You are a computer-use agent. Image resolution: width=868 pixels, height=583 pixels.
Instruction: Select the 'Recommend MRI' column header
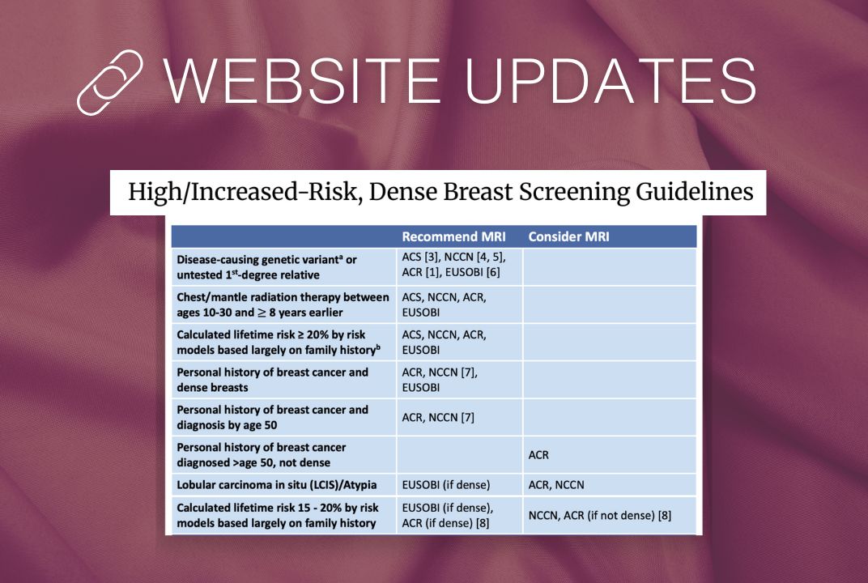453,236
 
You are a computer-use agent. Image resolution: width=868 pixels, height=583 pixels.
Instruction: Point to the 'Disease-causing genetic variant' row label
266,266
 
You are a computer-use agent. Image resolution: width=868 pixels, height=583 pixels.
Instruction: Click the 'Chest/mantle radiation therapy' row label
283,304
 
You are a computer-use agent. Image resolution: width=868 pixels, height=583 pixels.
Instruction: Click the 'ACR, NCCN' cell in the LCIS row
555,484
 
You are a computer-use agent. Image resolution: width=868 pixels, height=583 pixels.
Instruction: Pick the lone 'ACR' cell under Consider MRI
538,454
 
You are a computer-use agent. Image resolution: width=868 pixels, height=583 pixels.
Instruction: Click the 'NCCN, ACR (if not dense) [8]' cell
600,515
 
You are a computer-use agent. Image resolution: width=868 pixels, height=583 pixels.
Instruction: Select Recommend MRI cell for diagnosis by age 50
438,417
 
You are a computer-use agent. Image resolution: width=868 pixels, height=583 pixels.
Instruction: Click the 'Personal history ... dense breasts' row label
272,379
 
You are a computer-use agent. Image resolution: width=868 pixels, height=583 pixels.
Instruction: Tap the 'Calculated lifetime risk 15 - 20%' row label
277,515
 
